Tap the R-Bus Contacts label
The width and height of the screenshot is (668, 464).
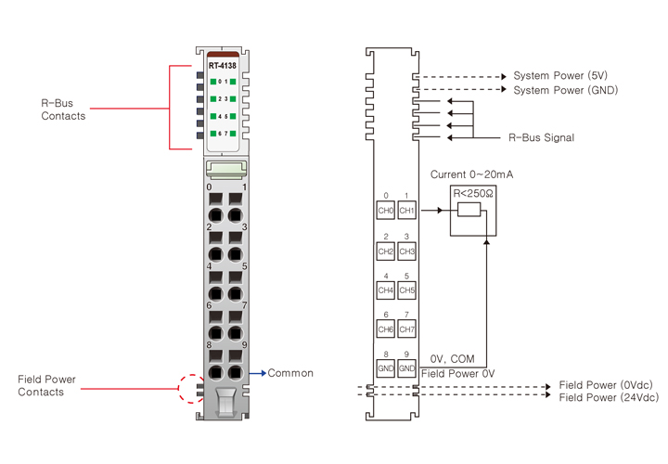pos(64,110)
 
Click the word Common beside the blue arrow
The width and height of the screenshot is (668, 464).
pos(290,373)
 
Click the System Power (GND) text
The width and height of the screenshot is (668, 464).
pos(566,90)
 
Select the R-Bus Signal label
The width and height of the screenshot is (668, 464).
pos(541,138)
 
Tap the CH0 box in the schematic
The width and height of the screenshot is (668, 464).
pos(386,211)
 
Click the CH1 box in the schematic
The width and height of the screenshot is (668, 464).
pos(406,211)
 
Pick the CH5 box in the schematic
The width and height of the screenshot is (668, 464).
pos(406,290)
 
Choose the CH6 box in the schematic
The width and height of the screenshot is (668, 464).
pos(386,329)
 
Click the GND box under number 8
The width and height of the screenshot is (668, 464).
pos(386,368)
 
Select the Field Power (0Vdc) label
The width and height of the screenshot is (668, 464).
pos(607,385)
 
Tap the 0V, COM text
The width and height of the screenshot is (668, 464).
pos(455,359)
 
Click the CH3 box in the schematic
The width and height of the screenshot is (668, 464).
pos(406,251)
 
